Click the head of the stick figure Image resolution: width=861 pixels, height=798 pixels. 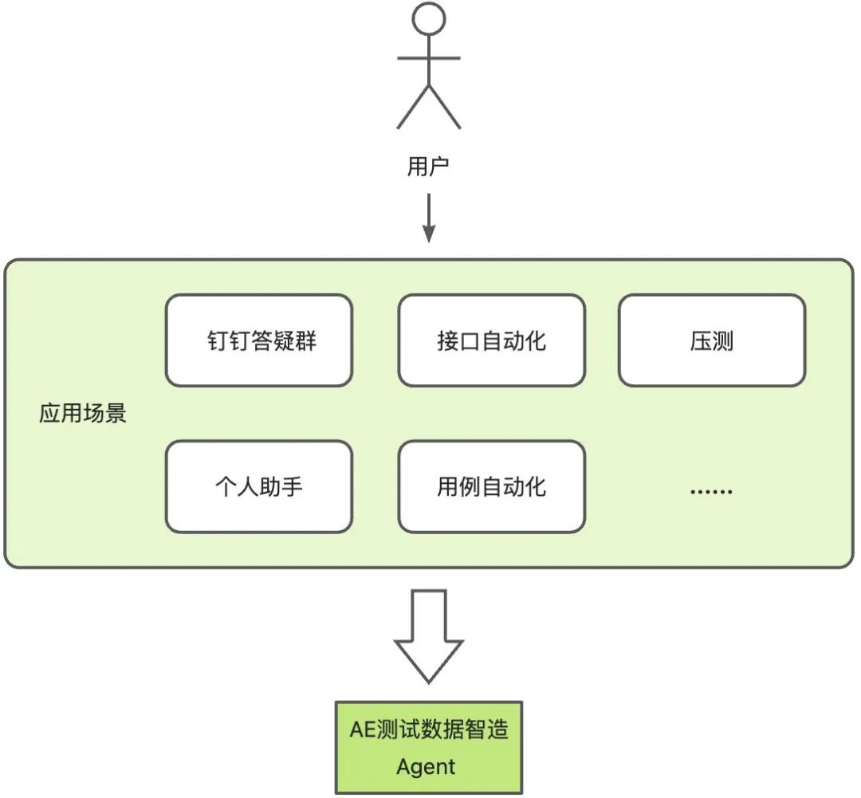(x=429, y=18)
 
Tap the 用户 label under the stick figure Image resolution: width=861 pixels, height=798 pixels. (x=429, y=167)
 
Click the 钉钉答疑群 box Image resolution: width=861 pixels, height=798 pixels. (x=259, y=341)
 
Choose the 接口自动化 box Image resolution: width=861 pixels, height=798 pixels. (x=491, y=341)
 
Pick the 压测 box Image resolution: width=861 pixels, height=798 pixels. (x=711, y=341)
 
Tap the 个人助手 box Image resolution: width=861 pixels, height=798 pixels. (x=259, y=487)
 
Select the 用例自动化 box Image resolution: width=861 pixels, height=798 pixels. (x=491, y=487)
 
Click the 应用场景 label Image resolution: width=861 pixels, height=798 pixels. (x=83, y=414)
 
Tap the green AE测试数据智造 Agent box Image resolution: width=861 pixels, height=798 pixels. (x=428, y=748)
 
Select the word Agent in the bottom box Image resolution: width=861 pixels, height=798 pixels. (x=426, y=768)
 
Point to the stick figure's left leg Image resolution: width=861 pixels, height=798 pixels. (x=413, y=108)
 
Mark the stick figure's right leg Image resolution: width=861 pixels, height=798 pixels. (x=445, y=108)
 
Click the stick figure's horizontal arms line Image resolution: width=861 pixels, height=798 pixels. (x=429, y=58)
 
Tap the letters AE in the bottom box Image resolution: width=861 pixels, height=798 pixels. (x=363, y=729)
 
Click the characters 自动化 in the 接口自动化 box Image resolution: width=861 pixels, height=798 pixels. (x=518, y=341)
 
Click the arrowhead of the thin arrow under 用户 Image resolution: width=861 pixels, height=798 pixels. (x=429, y=234)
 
